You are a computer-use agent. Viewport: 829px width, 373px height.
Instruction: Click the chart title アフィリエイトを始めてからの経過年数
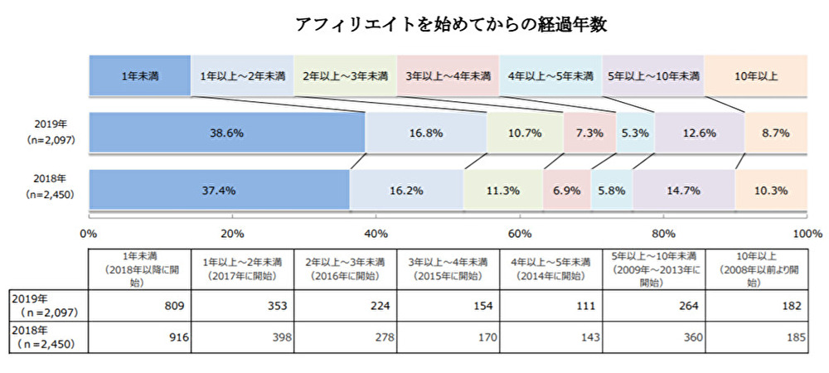point(452,25)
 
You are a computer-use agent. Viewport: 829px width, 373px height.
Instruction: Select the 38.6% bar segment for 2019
point(226,132)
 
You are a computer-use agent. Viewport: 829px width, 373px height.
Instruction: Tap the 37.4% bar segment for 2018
point(219,190)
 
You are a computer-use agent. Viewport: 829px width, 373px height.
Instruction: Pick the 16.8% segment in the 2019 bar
point(426,132)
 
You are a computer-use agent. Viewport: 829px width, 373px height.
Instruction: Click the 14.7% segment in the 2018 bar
point(684,190)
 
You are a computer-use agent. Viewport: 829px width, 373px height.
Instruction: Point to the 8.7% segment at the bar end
point(776,132)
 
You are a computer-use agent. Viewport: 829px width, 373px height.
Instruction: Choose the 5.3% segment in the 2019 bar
point(635,132)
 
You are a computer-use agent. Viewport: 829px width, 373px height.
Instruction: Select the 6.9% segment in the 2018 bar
point(567,190)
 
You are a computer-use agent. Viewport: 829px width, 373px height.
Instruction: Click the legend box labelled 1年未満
point(139,76)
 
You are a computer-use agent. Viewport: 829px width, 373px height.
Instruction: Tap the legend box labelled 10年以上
point(755,76)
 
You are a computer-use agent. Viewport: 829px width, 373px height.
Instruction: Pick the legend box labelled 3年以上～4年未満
point(448,76)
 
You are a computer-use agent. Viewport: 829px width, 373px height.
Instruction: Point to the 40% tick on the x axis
point(376,234)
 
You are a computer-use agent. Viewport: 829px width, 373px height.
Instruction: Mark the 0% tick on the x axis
point(89,234)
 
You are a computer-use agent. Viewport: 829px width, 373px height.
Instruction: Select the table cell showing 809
point(139,305)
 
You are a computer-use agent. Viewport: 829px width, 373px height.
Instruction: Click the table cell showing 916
point(139,337)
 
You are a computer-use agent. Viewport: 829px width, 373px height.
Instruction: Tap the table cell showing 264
point(653,305)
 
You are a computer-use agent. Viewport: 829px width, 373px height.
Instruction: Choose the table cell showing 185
point(756,337)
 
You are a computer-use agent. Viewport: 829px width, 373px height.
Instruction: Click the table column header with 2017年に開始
point(242,269)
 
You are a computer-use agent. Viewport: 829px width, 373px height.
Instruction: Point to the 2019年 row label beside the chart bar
point(45,131)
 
